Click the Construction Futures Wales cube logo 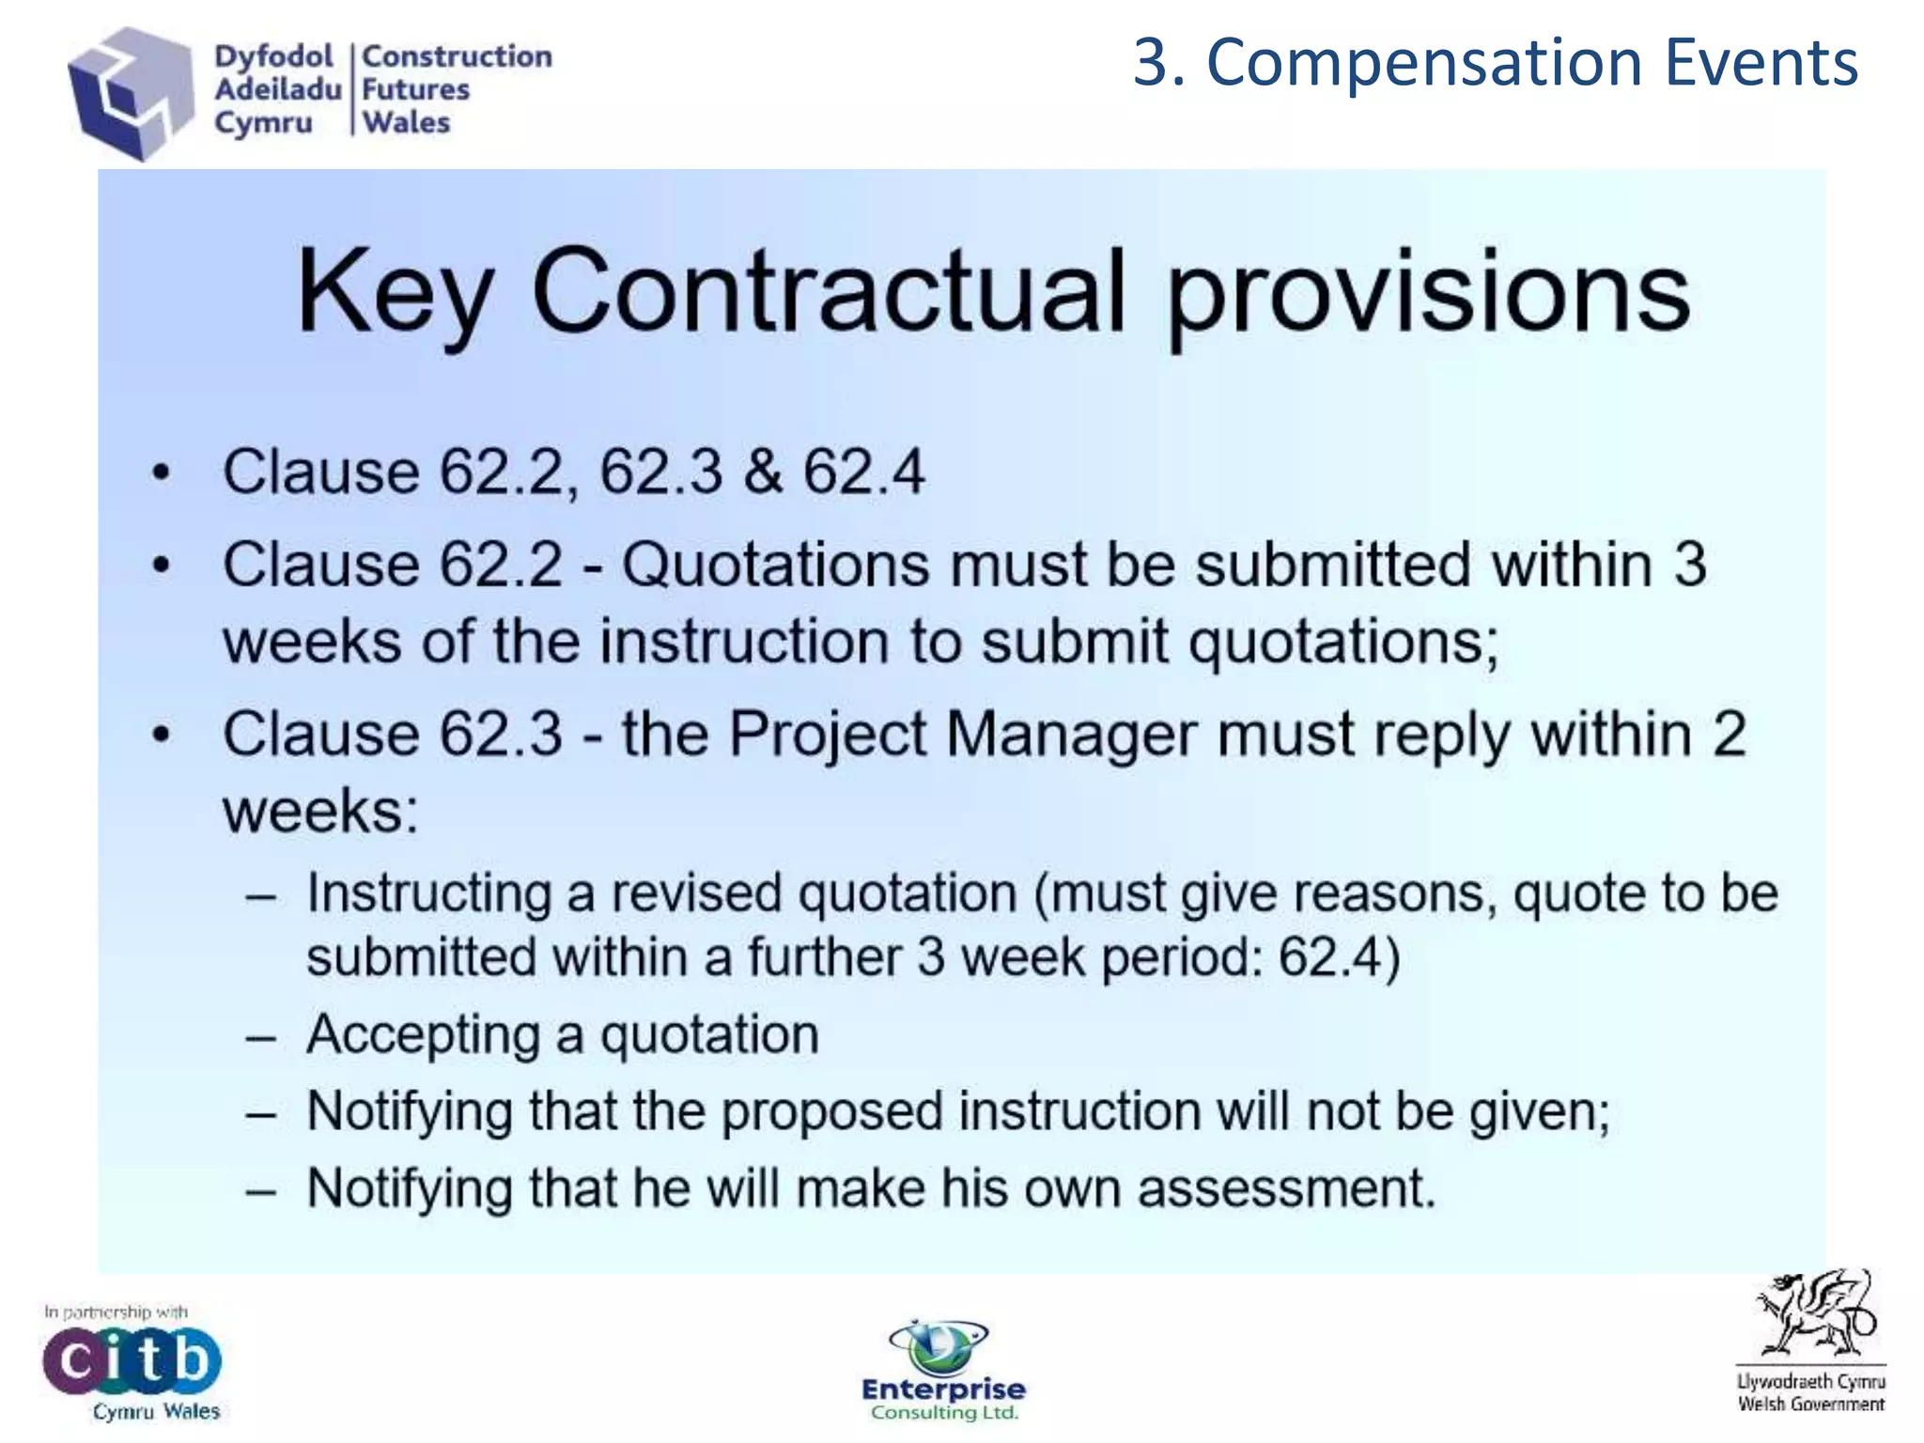(x=129, y=92)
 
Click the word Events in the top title (x=1761, y=63)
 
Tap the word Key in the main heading (x=396, y=293)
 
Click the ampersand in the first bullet (x=763, y=471)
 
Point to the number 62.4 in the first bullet (x=863, y=471)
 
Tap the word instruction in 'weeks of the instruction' (x=744, y=642)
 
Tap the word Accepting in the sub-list (x=423, y=1035)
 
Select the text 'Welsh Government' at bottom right (x=1810, y=1404)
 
